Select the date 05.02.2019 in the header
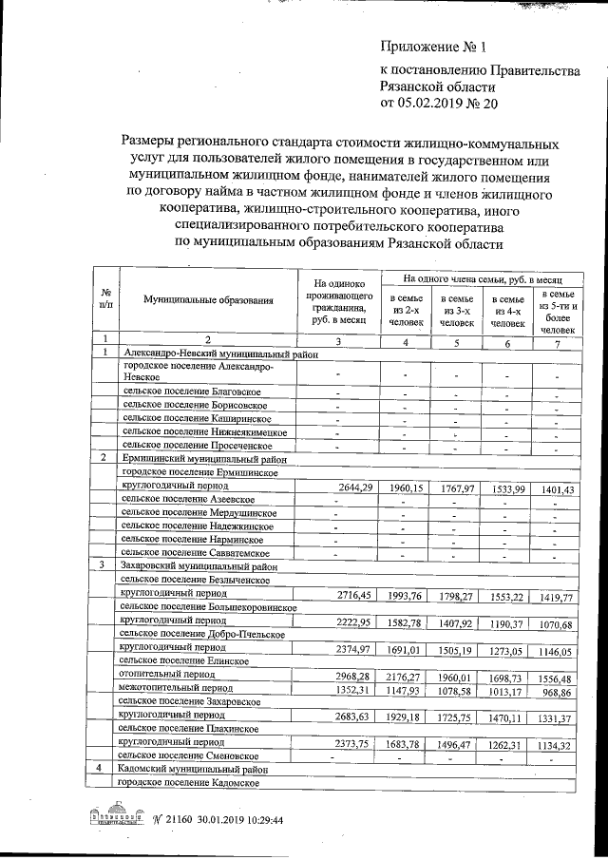click(443, 103)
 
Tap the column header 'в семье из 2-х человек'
click(406, 311)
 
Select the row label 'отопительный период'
click(162, 673)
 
